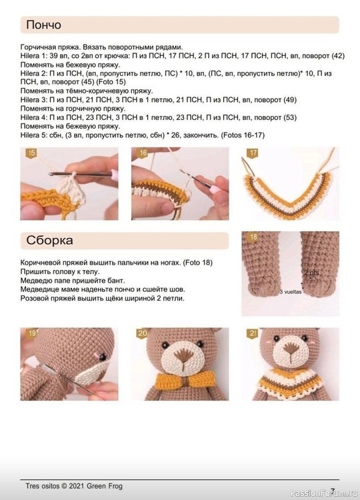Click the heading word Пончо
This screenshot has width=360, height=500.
pos(44,25)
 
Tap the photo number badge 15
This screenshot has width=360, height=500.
pos(30,154)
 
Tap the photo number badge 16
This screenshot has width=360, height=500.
pos(143,154)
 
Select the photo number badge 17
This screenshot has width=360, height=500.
pos(253,154)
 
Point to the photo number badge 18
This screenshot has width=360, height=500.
pos(253,237)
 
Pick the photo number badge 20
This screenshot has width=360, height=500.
pos(143,333)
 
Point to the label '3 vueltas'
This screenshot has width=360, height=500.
pos(291,292)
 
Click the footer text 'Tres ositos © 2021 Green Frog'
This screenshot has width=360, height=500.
pos(74,486)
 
